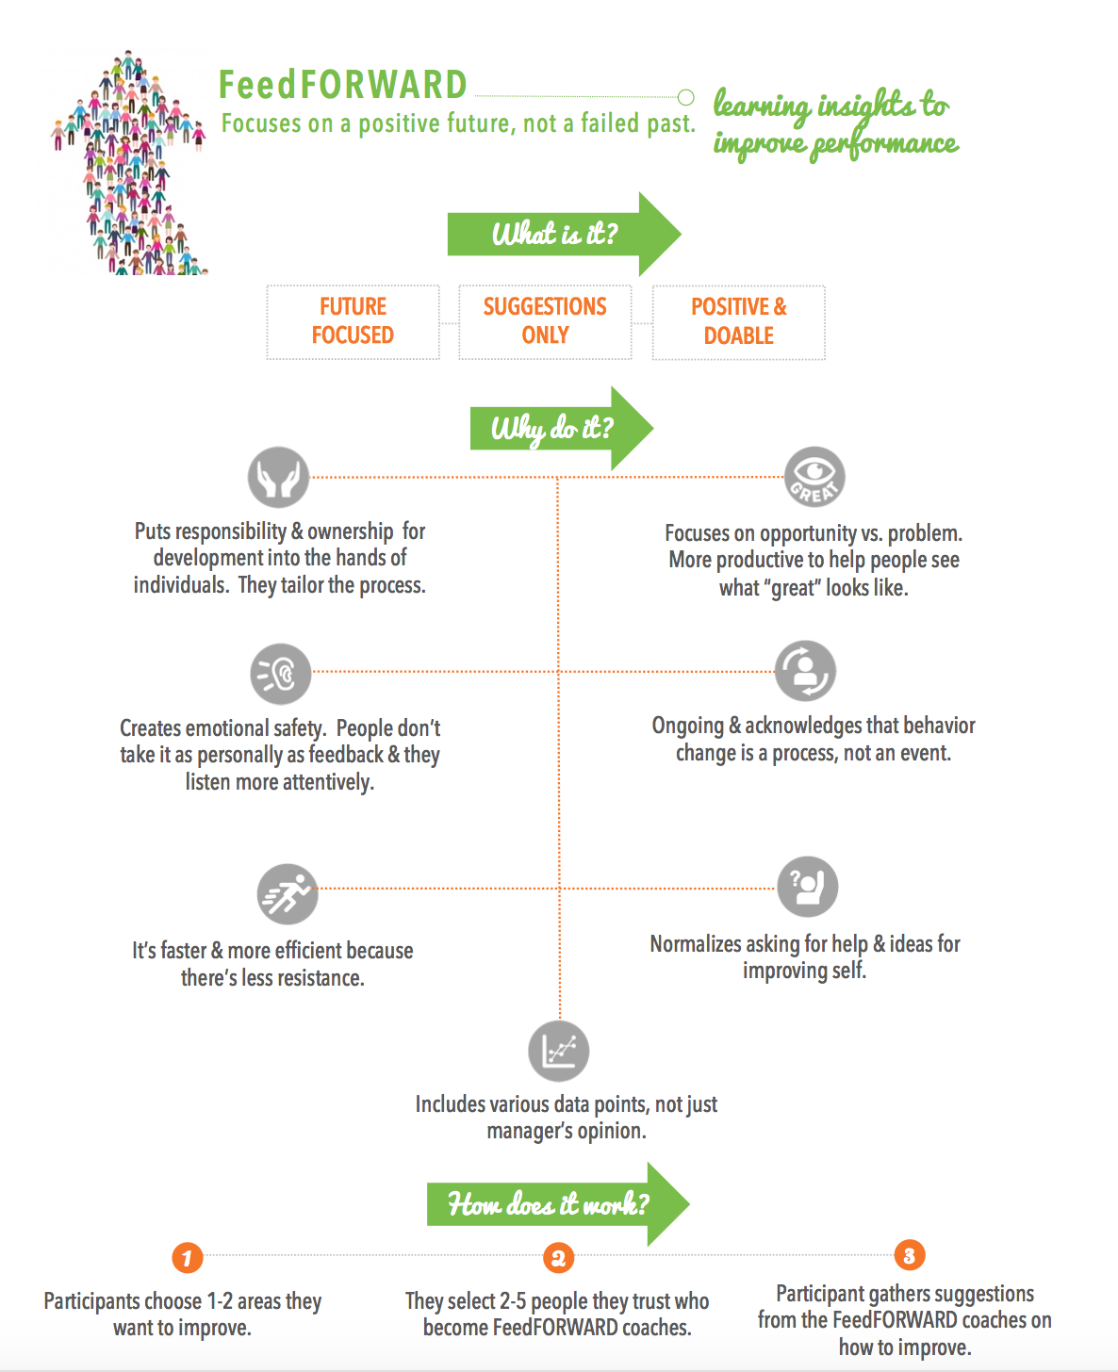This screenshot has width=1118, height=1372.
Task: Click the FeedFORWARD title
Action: (x=343, y=85)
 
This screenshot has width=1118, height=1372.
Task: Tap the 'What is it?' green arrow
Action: (x=564, y=234)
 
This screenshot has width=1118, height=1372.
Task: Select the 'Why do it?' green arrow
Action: (x=561, y=429)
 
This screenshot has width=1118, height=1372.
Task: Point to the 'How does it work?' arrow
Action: (x=558, y=1204)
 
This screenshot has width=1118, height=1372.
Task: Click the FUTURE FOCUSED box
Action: (x=353, y=322)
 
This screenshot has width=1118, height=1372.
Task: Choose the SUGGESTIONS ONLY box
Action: (x=545, y=322)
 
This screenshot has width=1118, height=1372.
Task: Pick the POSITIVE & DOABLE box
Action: (x=738, y=322)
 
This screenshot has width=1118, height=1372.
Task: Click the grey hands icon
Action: (x=278, y=478)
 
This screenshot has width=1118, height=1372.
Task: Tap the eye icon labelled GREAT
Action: (x=814, y=477)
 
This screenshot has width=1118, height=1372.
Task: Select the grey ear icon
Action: (x=280, y=674)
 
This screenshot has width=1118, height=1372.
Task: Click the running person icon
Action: (x=288, y=894)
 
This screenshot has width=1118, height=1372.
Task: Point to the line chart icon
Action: (x=559, y=1052)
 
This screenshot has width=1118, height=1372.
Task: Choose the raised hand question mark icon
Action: (x=808, y=887)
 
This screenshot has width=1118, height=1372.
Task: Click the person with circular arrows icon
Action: (x=805, y=671)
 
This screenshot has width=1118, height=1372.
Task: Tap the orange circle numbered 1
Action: (x=188, y=1258)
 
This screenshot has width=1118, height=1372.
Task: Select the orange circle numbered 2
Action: (x=559, y=1258)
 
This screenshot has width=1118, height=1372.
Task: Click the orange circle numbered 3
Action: (x=910, y=1255)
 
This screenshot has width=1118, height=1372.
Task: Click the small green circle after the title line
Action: (x=685, y=97)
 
